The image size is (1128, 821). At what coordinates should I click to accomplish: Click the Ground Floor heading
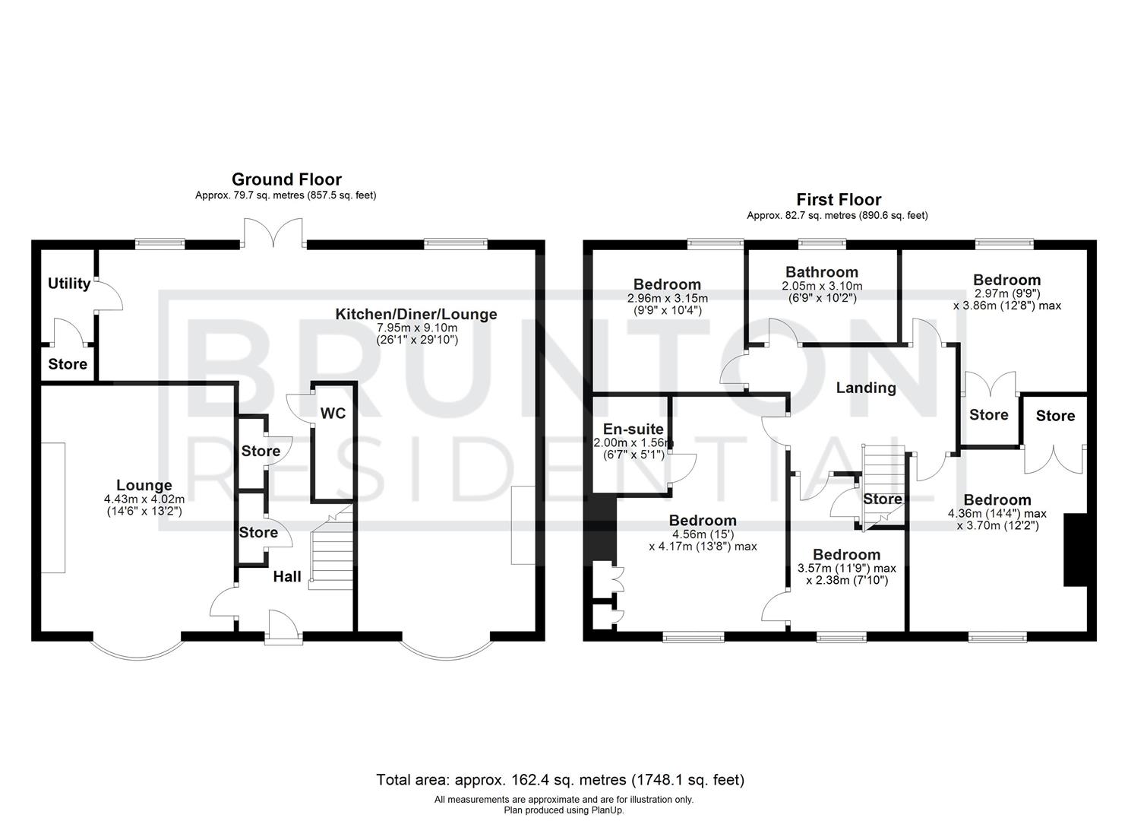pyautogui.click(x=286, y=179)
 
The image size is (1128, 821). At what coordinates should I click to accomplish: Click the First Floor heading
pyautogui.click(x=839, y=199)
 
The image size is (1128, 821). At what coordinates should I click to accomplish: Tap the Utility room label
pyautogui.click(x=69, y=284)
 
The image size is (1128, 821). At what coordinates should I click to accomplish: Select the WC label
pyautogui.click(x=333, y=413)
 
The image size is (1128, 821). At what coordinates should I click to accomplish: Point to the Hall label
pyautogui.click(x=287, y=577)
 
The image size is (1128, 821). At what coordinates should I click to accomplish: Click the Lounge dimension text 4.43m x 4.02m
pyautogui.click(x=144, y=499)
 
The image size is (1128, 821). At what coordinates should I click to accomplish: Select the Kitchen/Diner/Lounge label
pyautogui.click(x=416, y=314)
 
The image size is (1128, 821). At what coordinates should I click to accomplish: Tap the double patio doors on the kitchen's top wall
pyautogui.click(x=273, y=233)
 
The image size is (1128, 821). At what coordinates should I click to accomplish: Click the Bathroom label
pyautogui.click(x=822, y=272)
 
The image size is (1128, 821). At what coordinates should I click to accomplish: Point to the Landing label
pyautogui.click(x=866, y=388)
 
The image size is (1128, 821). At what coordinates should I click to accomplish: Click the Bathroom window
pyautogui.click(x=822, y=244)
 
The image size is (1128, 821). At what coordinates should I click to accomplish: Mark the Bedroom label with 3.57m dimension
pyautogui.click(x=846, y=554)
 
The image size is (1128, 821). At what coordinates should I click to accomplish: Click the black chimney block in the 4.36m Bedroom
pyautogui.click(x=1075, y=550)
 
